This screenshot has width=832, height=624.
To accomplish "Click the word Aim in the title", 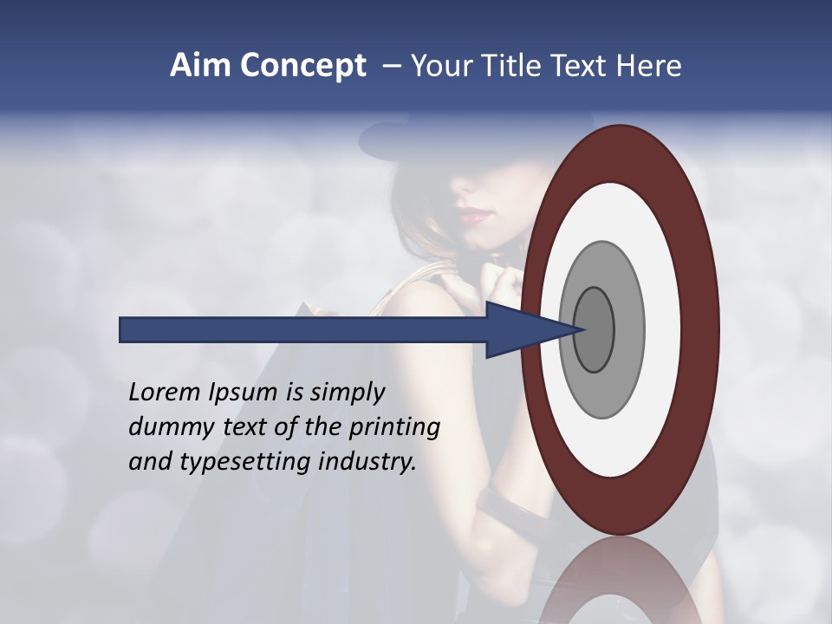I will (201, 66).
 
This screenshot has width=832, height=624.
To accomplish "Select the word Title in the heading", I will (510, 66).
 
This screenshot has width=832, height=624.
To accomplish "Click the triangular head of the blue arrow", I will (520, 329).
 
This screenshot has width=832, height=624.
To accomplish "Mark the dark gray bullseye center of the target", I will (594, 329).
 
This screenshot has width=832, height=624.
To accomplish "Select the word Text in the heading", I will (579, 66).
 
